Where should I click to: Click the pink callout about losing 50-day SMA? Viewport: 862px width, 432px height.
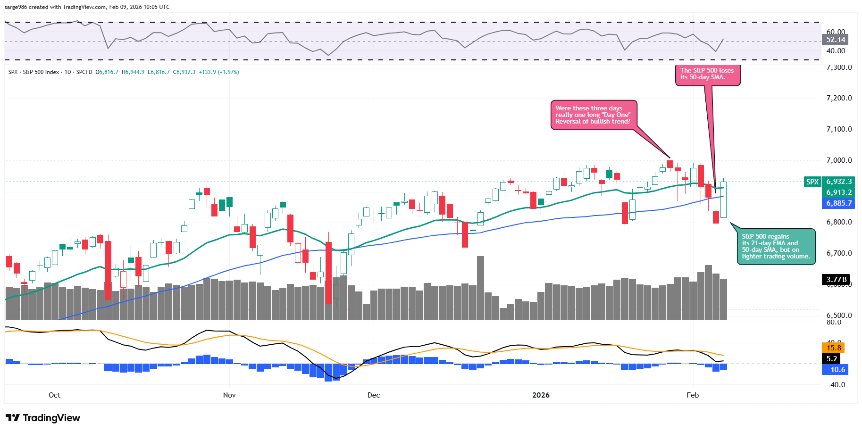pos(707,75)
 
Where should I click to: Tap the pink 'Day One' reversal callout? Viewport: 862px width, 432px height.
pos(593,115)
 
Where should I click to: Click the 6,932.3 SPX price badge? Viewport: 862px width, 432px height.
pos(839,182)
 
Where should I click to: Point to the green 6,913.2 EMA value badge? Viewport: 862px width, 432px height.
pos(839,192)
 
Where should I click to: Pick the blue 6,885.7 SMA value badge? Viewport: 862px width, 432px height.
pos(839,203)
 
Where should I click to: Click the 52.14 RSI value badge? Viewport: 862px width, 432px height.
pos(836,40)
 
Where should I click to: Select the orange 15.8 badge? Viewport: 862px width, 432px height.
pos(834,348)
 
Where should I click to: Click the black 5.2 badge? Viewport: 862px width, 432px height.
pos(832,359)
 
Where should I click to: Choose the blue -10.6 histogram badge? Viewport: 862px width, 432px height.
pos(835,370)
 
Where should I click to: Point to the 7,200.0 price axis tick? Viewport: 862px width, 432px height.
pos(839,98)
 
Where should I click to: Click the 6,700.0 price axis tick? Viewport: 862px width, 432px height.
pos(839,253)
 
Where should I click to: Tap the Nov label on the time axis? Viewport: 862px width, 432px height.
pos(229,395)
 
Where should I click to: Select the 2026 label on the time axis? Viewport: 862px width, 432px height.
pos(541,395)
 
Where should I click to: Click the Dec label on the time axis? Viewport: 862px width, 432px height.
pos(374,395)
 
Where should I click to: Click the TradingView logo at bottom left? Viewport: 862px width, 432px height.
pos(43,418)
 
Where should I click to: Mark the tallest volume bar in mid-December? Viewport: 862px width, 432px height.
pos(480,288)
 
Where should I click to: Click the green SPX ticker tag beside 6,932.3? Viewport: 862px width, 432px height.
pos(812,182)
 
